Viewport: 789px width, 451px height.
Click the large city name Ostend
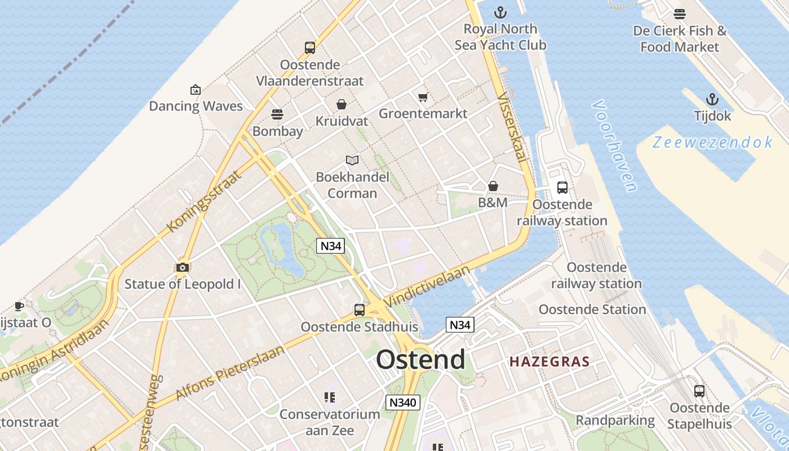click(420, 359)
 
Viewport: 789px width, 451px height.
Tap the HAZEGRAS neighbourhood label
click(549, 362)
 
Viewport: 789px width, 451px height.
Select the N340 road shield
click(403, 402)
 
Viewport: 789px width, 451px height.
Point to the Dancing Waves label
click(196, 106)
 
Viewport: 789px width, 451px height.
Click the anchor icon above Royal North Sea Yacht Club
click(500, 12)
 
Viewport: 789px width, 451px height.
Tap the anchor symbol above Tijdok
click(712, 100)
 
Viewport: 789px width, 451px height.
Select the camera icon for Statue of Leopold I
click(182, 267)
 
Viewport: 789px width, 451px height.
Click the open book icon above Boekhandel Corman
click(352, 161)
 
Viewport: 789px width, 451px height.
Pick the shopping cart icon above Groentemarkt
click(423, 98)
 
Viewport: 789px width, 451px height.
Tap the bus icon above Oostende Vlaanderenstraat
click(309, 48)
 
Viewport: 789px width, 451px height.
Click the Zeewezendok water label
click(713, 142)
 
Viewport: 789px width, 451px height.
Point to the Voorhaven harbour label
click(615, 146)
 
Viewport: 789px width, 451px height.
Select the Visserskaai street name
click(512, 127)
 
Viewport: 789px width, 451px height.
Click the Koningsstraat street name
click(205, 201)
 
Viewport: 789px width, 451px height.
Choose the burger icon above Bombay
click(277, 114)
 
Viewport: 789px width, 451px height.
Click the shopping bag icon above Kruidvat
click(341, 104)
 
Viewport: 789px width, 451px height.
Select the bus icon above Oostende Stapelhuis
click(699, 391)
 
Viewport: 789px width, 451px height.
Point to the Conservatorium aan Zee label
click(330, 422)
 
